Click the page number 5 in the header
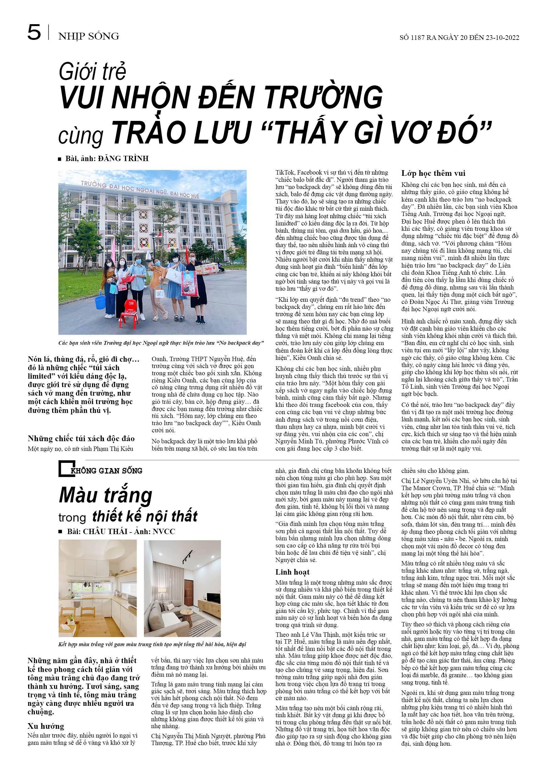click(x=34, y=33)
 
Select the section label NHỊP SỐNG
click(x=88, y=36)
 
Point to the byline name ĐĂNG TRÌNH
click(x=123, y=159)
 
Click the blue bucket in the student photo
click(x=100, y=300)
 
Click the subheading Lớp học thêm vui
click(x=433, y=174)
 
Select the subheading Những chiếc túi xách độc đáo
click(x=81, y=439)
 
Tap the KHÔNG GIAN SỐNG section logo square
click(x=65, y=468)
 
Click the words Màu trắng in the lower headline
click(x=106, y=496)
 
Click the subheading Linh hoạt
click(x=292, y=572)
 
